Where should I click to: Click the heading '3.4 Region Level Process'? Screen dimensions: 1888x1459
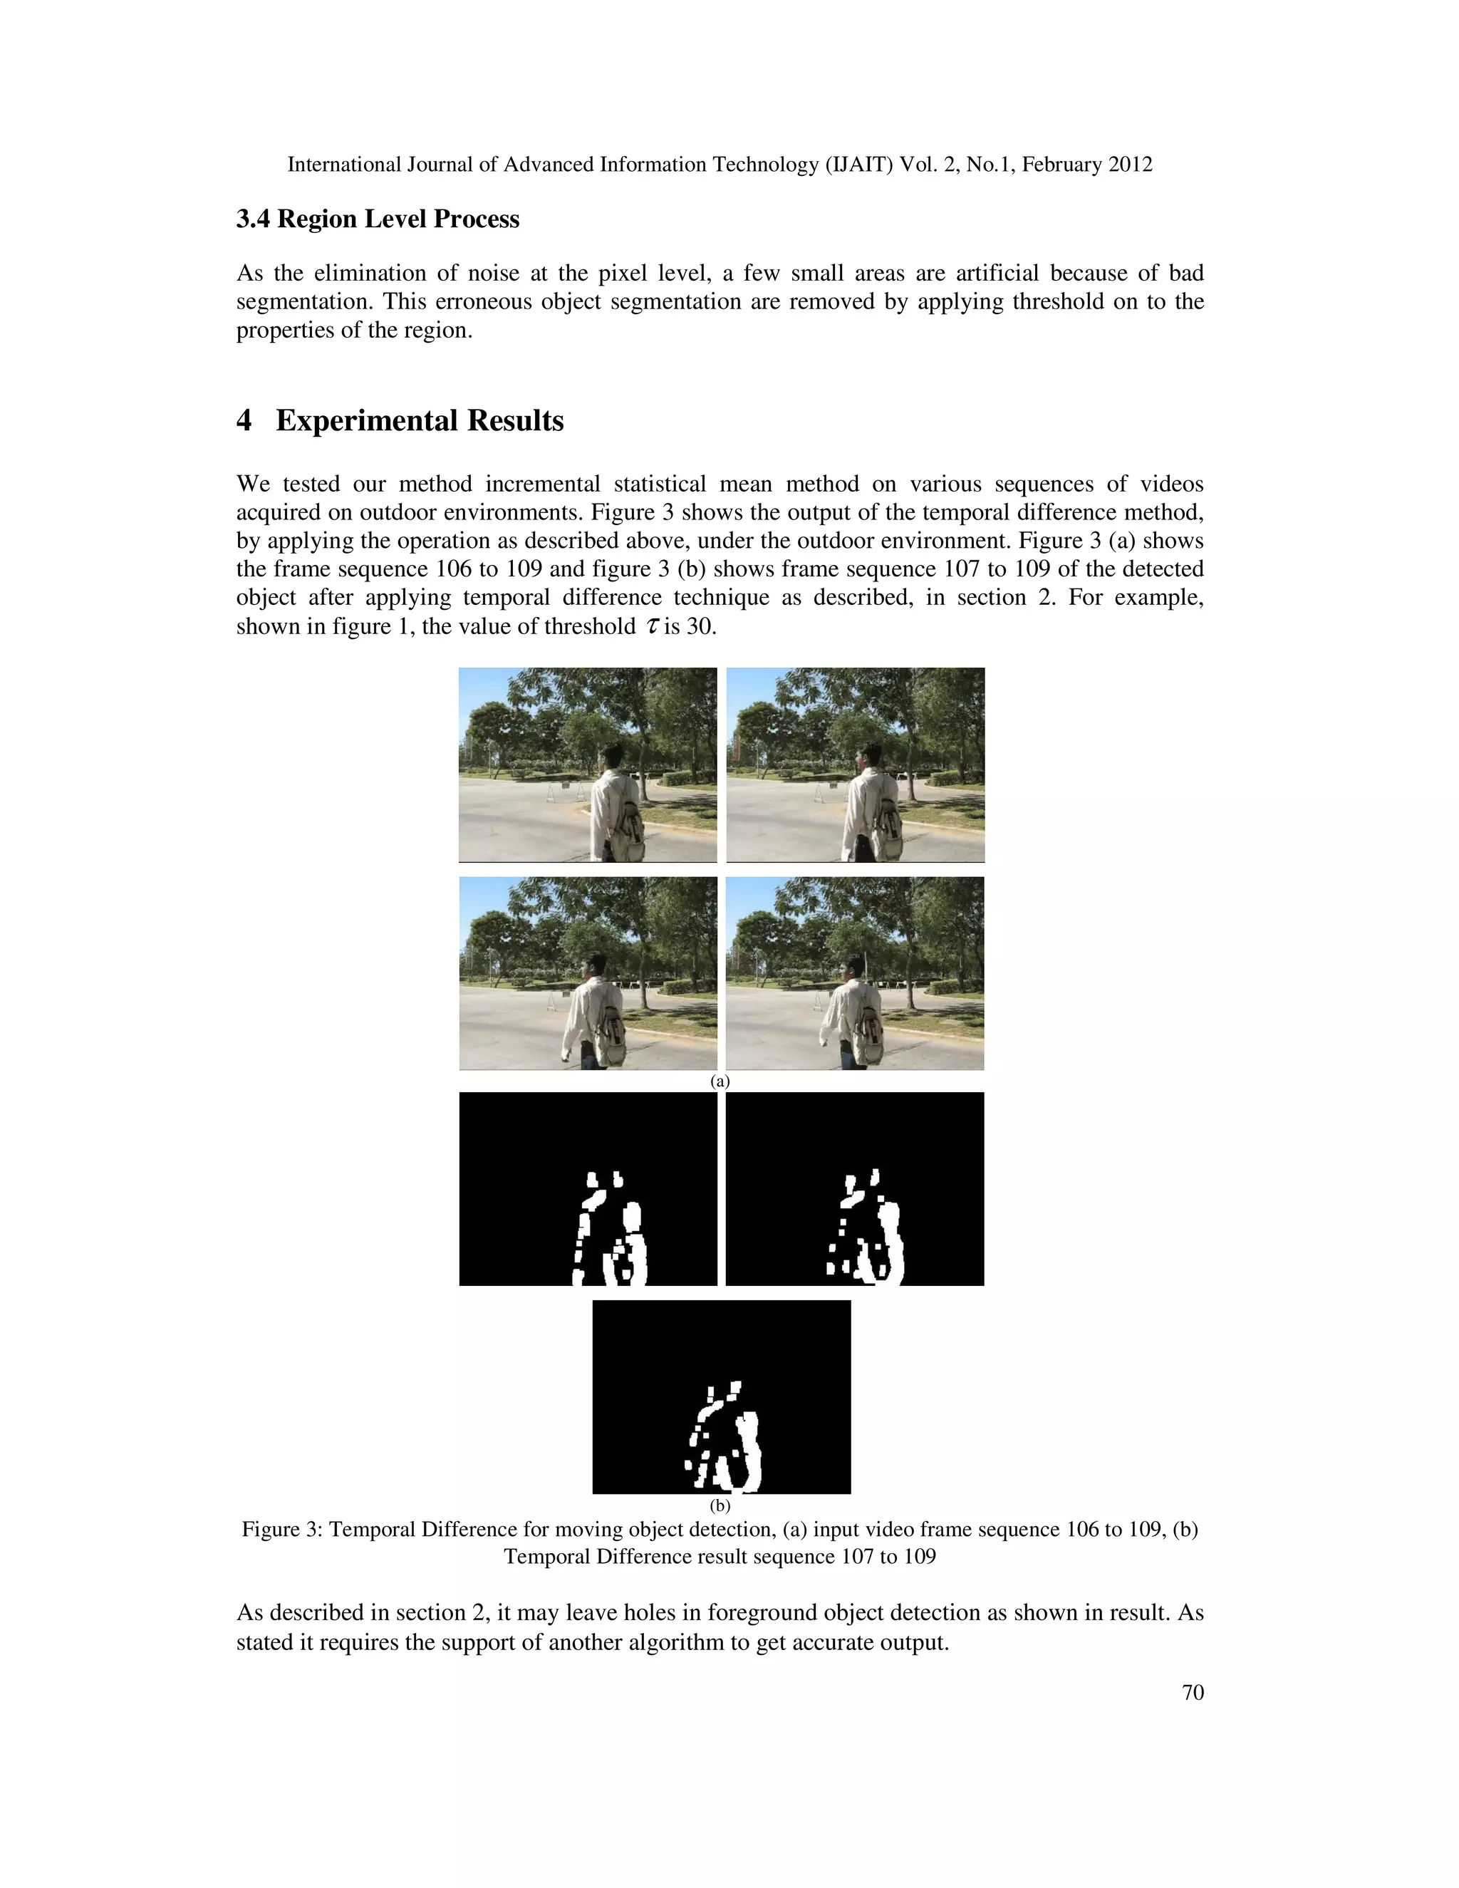point(378,219)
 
